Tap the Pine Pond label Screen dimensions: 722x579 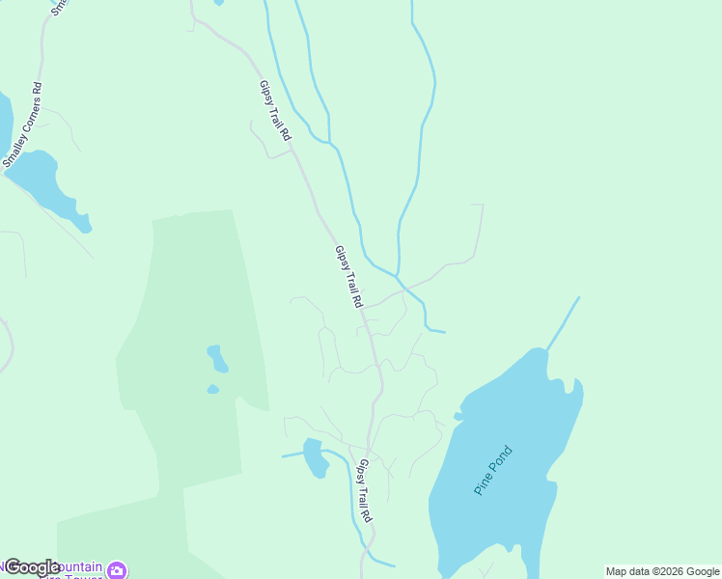493,470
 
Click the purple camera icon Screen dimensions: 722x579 117,569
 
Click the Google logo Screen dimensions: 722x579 32,567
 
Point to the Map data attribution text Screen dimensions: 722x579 662,571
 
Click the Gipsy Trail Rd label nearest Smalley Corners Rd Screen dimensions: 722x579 274,111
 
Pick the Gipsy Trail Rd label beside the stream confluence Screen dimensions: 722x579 348,276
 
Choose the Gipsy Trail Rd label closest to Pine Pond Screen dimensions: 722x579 364,490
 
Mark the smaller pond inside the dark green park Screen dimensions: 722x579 212,389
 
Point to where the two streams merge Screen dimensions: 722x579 398,276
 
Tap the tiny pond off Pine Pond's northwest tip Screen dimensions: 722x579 458,417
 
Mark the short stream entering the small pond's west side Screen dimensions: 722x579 292,455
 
